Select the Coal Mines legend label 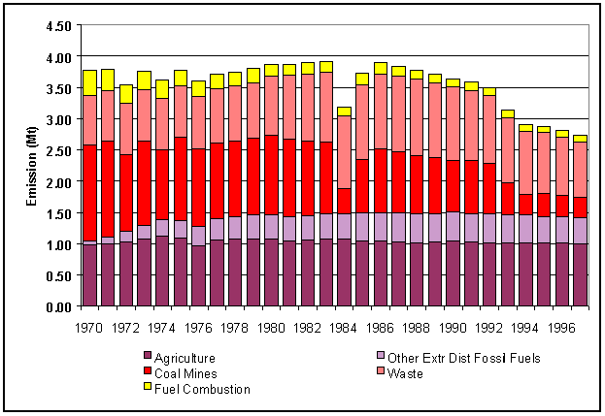point(188,372)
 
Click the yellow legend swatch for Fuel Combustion point(149,388)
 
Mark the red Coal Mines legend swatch point(149,372)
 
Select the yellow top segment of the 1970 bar point(89,82)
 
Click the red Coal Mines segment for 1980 point(271,175)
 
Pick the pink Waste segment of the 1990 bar point(453,123)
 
